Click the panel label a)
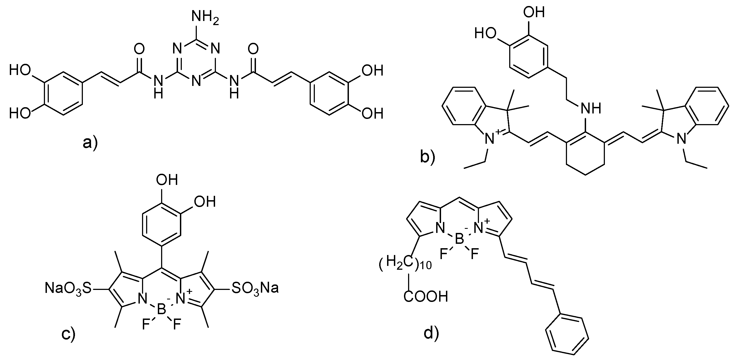tap(90, 143)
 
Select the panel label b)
tap(428, 158)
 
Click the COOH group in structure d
tap(426, 297)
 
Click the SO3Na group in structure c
tap(255, 288)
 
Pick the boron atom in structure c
tap(162, 309)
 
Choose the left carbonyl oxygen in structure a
tap(139, 49)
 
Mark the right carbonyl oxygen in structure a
tap(253, 49)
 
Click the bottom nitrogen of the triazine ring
tap(196, 81)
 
